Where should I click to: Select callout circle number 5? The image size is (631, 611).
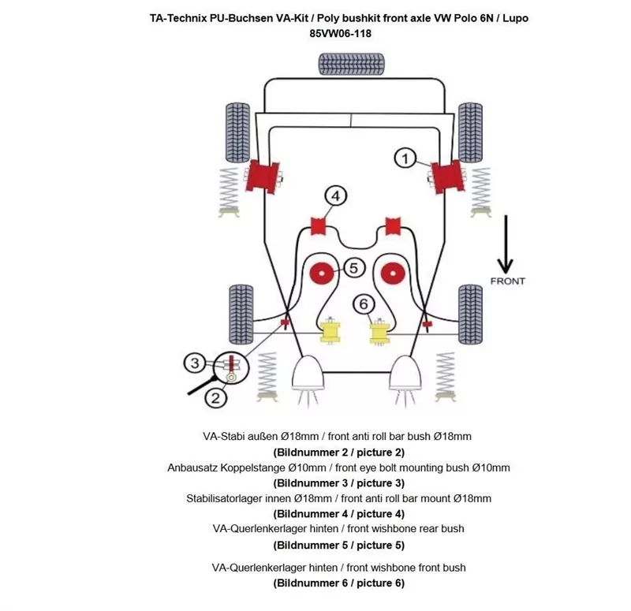coord(353,268)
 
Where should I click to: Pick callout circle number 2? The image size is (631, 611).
coord(215,398)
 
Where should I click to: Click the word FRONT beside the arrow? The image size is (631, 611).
coord(507,281)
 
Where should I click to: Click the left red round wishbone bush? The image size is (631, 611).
coord(322,273)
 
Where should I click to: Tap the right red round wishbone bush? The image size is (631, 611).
coord(390,273)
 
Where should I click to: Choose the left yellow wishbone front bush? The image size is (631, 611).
coord(327,330)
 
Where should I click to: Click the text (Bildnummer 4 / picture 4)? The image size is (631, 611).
coord(338,514)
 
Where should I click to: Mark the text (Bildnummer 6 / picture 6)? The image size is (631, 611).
coord(338,583)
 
